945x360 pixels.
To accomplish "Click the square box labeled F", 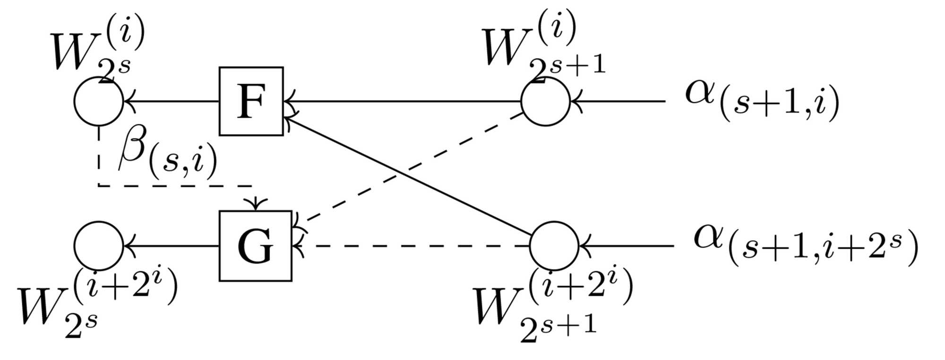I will point(251,101).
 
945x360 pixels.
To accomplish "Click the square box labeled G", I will point(255,246).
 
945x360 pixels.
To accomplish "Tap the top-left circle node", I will point(99,101).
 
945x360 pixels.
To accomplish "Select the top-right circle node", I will point(545,101).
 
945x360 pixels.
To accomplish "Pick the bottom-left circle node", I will point(99,246).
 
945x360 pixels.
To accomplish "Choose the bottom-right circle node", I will point(554,246).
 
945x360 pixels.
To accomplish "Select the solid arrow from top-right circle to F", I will point(402,101).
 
